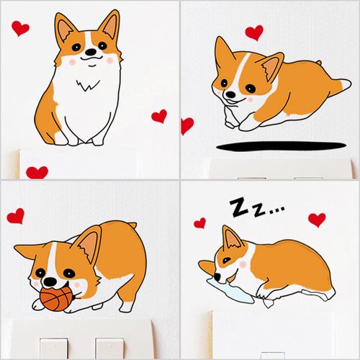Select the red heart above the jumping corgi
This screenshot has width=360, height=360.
point(254,32)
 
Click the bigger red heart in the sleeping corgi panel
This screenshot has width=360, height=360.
point(316,220)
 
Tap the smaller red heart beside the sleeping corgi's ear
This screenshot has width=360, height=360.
point(199,223)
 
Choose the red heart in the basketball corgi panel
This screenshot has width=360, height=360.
point(16,215)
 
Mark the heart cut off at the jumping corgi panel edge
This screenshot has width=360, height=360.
point(186,126)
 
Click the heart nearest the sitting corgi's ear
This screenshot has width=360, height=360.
point(22,28)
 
